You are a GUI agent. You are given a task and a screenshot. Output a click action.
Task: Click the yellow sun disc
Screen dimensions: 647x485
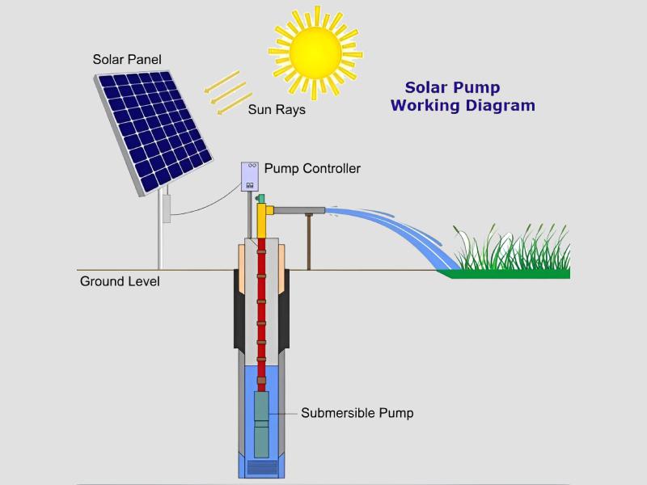coord(315,53)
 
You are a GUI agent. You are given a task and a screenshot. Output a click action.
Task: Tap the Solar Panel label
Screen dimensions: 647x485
coord(127,59)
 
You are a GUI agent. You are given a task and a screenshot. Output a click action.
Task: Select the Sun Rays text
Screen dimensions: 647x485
coord(277,110)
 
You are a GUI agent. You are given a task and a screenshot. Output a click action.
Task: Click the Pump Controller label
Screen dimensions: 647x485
coord(312,168)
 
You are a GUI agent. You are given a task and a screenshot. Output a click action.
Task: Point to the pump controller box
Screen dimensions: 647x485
coord(250,176)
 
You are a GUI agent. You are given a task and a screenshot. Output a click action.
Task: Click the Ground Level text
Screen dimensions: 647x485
coord(120,281)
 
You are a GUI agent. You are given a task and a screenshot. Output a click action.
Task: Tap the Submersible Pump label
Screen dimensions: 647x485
coord(357,413)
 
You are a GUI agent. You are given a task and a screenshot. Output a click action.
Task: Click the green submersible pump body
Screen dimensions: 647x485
coord(261,424)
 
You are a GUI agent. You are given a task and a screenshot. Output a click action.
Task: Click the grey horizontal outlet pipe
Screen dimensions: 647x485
coord(299,211)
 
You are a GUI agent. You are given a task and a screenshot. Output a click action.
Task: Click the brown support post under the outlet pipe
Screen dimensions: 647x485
coord(309,242)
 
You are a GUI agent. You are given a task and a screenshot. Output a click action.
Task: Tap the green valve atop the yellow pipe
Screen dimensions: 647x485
coord(260,199)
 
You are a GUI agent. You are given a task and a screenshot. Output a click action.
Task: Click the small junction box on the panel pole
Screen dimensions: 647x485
coord(167,209)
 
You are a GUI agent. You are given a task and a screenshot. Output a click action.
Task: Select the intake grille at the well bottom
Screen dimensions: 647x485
coord(261,467)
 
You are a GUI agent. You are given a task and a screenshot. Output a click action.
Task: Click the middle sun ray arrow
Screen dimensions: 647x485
coord(228,93)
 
